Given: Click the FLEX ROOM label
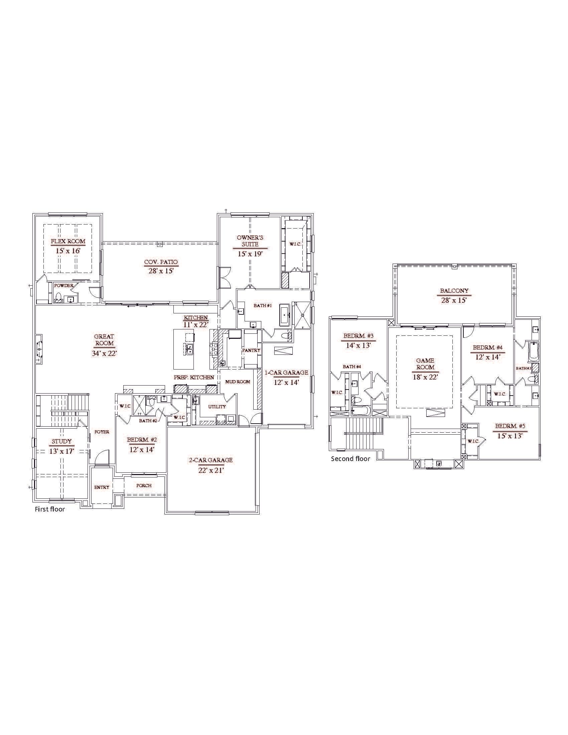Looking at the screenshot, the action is (x=68, y=241).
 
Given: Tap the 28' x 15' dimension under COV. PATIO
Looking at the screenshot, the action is (x=161, y=271).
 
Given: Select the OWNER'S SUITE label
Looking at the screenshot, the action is (x=250, y=241).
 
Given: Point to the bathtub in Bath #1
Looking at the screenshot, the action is (x=284, y=315).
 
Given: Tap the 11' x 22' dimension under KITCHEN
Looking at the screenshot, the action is (x=196, y=325).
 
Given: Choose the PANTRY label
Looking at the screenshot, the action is (x=251, y=350).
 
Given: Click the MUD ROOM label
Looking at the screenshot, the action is (x=238, y=382).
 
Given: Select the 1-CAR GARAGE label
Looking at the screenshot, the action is (x=286, y=373).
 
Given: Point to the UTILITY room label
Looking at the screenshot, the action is (x=217, y=407).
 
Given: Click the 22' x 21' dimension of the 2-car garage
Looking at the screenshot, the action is (x=211, y=470).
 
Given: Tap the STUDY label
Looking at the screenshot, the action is (x=61, y=441).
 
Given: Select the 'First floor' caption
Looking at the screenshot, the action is (x=50, y=509).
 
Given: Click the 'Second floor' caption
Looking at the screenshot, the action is (x=350, y=459).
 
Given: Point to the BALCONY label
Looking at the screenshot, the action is (x=454, y=291).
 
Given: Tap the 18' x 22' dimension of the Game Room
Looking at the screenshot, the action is (x=425, y=377).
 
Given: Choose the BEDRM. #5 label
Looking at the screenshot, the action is (x=510, y=426).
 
